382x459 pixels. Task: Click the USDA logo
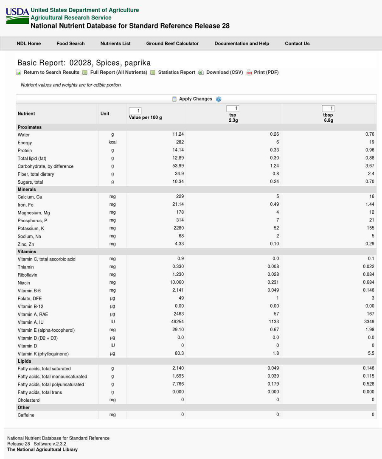[17, 16]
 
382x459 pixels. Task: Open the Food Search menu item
[70, 44]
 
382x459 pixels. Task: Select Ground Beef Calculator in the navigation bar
[172, 44]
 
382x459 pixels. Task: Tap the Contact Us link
[297, 44]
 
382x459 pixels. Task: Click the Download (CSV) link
[224, 73]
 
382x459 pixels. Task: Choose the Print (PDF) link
[266, 73]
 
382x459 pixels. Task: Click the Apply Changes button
[195, 99]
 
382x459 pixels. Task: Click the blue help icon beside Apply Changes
[219, 99]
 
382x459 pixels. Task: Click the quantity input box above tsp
[233, 109]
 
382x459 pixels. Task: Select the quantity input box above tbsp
[328, 109]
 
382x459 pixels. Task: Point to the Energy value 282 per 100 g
[180, 142]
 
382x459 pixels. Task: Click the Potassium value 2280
[179, 228]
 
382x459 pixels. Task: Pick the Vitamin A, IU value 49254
[177, 322]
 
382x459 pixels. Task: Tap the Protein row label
[25, 151]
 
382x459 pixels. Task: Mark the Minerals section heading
[27, 190]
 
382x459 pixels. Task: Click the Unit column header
[105, 114]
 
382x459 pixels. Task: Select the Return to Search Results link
[51, 73]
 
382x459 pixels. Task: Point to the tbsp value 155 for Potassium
[370, 228]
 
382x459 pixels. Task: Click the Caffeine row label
[26, 415]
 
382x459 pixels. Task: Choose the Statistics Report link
[176, 73]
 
